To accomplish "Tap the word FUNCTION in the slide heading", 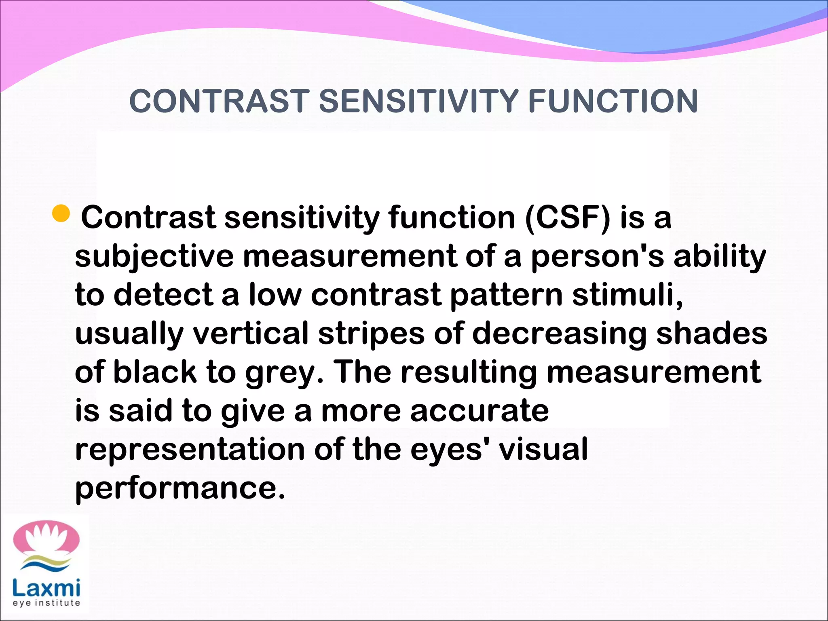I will click(613, 101).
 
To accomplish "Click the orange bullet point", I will click(61, 213).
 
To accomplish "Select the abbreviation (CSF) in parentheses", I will click(568, 218).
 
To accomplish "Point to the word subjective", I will click(154, 257).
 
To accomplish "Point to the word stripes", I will click(371, 334).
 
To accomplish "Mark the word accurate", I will click(479, 410).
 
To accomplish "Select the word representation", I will click(190, 450).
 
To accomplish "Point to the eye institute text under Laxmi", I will click(46, 603).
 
